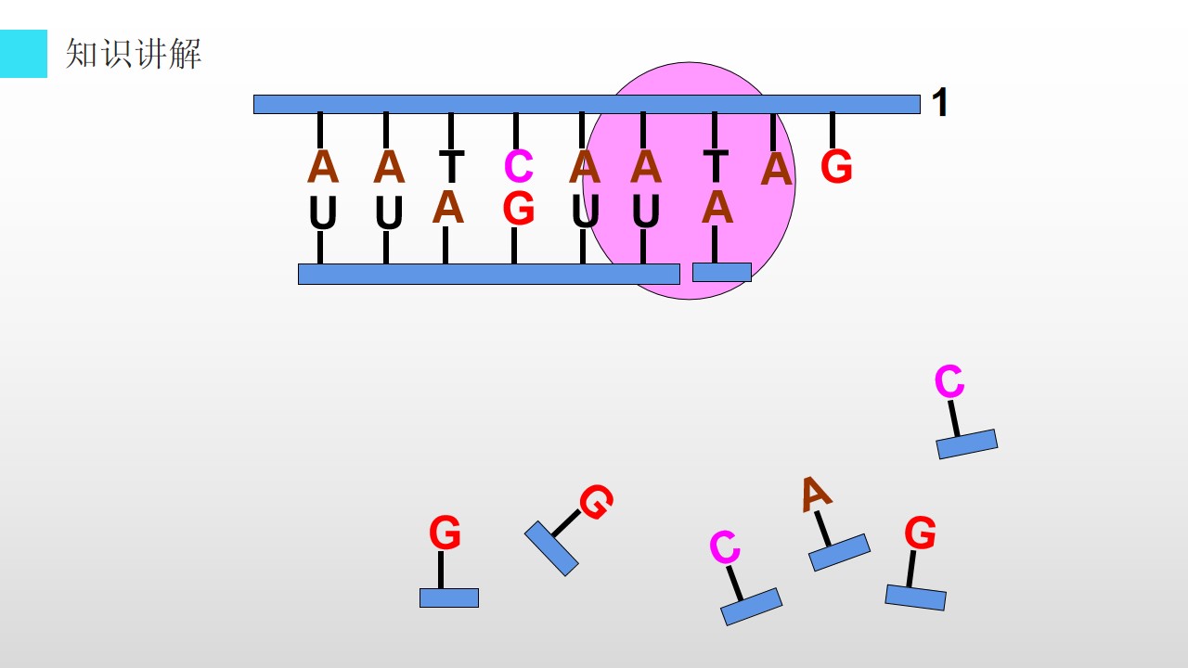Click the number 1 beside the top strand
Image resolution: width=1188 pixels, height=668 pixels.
(940, 102)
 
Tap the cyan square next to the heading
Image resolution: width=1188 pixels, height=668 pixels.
(23, 54)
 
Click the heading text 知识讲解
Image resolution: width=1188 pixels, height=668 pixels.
(134, 54)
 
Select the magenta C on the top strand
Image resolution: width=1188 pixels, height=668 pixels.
(518, 166)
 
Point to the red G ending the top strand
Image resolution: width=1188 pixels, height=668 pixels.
(836, 166)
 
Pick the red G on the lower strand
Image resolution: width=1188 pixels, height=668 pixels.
(518, 209)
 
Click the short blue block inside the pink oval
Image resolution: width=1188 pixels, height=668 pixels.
(722, 272)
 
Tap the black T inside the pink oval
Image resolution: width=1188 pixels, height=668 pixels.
(716, 165)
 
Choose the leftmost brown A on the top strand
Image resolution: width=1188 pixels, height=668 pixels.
(323, 166)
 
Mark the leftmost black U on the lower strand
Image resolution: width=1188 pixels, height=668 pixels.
(322, 212)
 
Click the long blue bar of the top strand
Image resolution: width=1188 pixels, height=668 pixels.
(587, 105)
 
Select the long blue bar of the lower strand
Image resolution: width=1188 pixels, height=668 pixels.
(489, 274)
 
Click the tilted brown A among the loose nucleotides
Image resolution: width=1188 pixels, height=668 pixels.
(816, 495)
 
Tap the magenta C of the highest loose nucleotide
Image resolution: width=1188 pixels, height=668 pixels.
(949, 380)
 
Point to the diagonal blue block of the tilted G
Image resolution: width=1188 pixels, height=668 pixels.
(551, 548)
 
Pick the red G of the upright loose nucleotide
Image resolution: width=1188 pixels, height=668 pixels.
(445, 532)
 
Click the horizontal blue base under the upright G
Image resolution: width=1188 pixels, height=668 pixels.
(449, 598)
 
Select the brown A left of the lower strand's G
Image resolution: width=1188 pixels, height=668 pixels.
(448, 207)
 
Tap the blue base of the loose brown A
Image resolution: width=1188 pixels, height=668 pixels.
(840, 552)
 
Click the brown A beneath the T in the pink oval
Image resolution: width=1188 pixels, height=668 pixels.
(717, 207)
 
